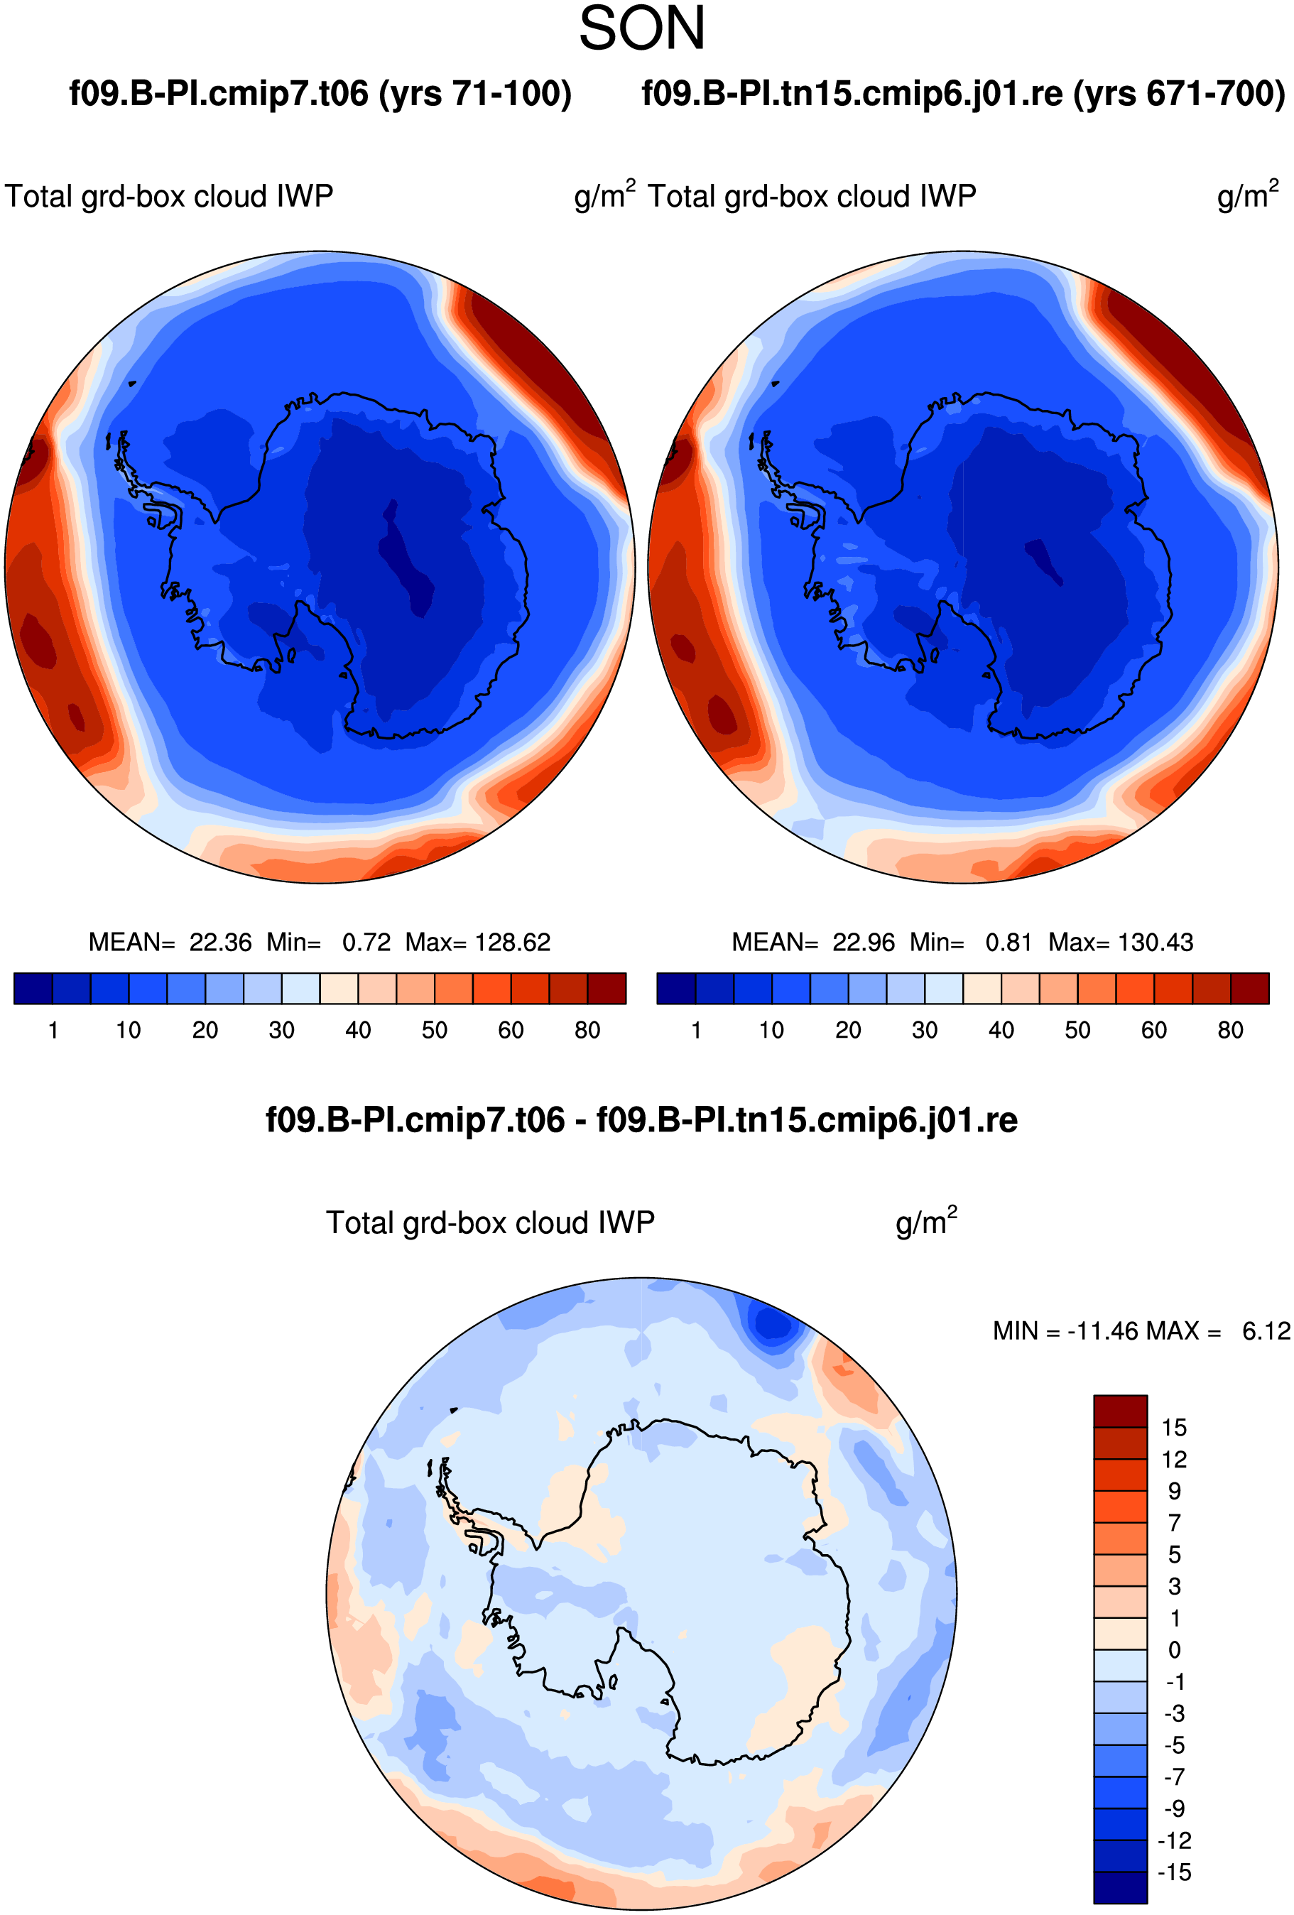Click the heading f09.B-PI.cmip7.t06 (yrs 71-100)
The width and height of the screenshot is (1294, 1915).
coord(320,94)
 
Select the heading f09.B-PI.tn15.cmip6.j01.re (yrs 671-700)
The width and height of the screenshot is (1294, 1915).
coord(963,94)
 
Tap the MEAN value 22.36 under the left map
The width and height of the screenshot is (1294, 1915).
coord(220,942)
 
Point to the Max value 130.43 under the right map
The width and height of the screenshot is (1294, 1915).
coord(1156,942)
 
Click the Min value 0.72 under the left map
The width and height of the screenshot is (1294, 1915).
coord(366,942)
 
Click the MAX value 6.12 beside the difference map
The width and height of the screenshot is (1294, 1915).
coord(1267,1331)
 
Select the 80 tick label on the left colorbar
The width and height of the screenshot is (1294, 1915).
coord(587,1030)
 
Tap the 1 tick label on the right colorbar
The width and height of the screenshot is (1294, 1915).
coord(697,1030)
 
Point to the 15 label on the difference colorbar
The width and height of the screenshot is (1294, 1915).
coord(1174,1427)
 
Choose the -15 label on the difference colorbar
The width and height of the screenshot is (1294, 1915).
coord(1174,1872)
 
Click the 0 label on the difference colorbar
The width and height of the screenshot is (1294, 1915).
coord(1175,1649)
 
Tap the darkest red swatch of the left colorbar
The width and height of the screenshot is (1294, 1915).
coord(607,988)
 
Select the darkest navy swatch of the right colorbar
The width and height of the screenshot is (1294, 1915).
coord(676,988)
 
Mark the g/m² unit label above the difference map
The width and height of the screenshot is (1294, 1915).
coord(927,1221)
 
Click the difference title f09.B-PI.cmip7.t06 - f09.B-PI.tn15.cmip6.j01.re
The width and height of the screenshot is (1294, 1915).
coord(641,1120)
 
